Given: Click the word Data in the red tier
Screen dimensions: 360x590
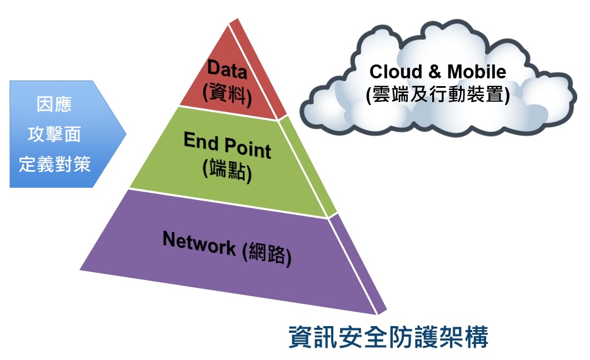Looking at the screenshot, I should point(227,69).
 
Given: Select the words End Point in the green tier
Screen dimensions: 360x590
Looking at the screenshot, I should point(227,147).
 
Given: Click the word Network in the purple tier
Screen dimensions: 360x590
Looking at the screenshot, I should point(199,243).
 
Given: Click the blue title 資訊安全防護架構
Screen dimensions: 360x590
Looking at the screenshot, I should point(388,337).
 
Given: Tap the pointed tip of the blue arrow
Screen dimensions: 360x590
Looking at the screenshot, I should point(126,134).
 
